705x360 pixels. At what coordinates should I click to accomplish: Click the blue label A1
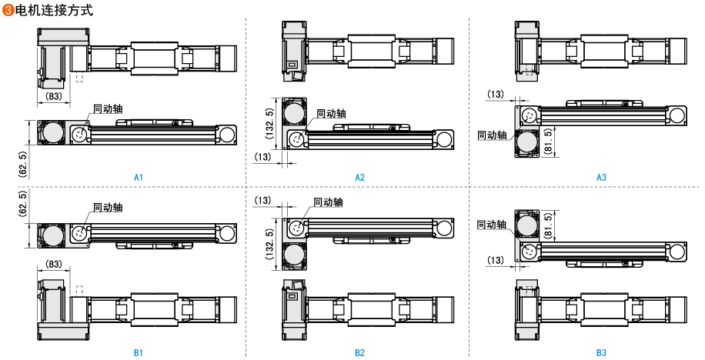pyautogui.click(x=139, y=177)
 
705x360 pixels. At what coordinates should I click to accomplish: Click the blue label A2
pyautogui.click(x=359, y=177)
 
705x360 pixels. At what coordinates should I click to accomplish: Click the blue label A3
pyautogui.click(x=601, y=177)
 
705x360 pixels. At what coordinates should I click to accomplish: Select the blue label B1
pyautogui.click(x=139, y=352)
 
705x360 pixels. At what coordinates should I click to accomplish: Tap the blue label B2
pyautogui.click(x=359, y=352)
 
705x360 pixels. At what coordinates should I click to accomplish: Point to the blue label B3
pyautogui.click(x=601, y=352)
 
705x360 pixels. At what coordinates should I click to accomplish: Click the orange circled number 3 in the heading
pyautogui.click(x=8, y=12)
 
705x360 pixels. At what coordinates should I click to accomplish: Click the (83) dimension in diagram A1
pyautogui.click(x=54, y=96)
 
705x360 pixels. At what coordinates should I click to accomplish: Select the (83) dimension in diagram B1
pyautogui.click(x=54, y=264)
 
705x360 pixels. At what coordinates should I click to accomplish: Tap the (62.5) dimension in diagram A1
pyautogui.click(x=22, y=165)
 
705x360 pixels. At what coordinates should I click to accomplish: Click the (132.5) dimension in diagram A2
pyautogui.click(x=269, y=122)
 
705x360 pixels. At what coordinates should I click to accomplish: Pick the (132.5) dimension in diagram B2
pyautogui.click(x=269, y=242)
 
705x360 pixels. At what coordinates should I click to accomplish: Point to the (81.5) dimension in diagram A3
pyautogui.click(x=547, y=139)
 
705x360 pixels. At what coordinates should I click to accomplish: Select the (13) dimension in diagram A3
pyautogui.click(x=496, y=94)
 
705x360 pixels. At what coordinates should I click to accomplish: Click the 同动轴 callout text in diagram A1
pyautogui.click(x=107, y=109)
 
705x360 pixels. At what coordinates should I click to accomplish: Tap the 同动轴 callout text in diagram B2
pyautogui.click(x=328, y=202)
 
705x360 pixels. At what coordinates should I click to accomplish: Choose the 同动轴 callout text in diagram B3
pyautogui.click(x=492, y=225)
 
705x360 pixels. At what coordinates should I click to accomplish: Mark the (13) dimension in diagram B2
pyautogui.click(x=263, y=201)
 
